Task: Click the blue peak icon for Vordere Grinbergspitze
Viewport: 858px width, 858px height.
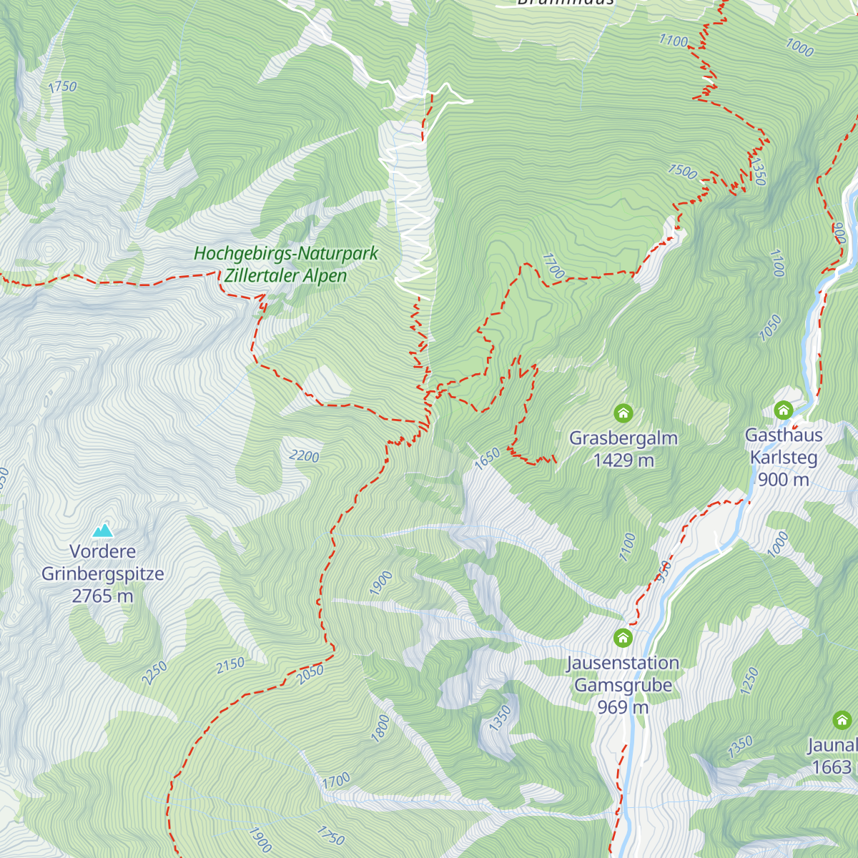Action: coord(103,530)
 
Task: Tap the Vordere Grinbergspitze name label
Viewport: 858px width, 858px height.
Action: coord(103,563)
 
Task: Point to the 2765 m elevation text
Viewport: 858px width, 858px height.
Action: coord(103,596)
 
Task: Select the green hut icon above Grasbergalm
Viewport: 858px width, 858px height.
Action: coord(623,413)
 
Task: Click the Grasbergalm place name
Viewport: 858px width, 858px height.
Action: coord(623,438)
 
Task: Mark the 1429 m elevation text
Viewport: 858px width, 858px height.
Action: coord(623,460)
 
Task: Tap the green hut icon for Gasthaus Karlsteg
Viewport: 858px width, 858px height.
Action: coord(784,410)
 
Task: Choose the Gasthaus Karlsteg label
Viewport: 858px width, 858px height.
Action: coord(784,446)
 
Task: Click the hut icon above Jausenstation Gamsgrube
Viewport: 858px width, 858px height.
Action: coord(623,637)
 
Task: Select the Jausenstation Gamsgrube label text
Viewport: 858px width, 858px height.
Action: coord(623,674)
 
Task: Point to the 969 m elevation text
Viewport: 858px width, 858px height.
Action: coord(623,707)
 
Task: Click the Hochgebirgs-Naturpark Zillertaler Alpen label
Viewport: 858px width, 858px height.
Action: coord(286,265)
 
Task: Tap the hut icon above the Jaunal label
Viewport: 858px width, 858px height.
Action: coord(842,719)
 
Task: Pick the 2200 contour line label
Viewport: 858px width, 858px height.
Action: coord(305,456)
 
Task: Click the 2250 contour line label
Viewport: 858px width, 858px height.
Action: coord(154,673)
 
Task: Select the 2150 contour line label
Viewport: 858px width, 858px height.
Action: coord(231,666)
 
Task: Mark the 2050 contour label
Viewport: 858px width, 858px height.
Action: coord(310,674)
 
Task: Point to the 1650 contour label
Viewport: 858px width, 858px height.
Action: coord(487,459)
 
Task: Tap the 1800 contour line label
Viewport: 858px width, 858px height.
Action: coord(380,728)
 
